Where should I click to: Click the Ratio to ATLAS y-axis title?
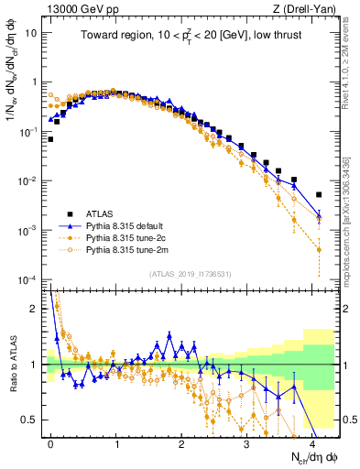point(12,365)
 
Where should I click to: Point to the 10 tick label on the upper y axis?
point(31,32)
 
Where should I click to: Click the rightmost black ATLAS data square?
point(319,194)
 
